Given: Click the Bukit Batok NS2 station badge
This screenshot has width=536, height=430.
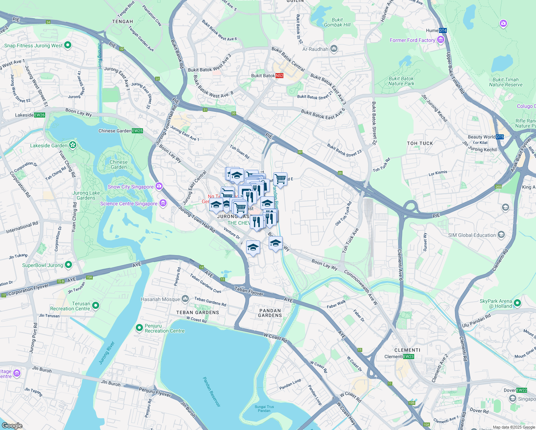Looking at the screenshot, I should click(x=279, y=76).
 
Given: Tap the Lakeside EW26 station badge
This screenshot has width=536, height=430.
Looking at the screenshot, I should click(x=39, y=115).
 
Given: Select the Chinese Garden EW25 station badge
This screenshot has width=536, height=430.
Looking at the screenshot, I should click(x=138, y=131).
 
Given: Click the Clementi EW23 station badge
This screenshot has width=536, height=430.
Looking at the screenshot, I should click(x=408, y=357).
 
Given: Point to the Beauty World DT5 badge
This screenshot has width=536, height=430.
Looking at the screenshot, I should click(x=500, y=137).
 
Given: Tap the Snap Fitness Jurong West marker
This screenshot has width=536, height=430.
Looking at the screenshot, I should click(x=68, y=45).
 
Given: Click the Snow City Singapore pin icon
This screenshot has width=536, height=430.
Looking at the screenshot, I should click(x=159, y=186).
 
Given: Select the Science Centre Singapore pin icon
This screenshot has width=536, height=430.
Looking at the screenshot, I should click(x=163, y=203).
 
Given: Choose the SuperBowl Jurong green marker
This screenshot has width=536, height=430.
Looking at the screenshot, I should click(x=68, y=265).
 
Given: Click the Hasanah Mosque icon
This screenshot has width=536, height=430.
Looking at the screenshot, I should click(x=185, y=298).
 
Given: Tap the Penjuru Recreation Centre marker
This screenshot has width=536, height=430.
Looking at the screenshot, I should click(x=139, y=328).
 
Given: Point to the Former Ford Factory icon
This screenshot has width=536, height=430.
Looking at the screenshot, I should click(x=441, y=40).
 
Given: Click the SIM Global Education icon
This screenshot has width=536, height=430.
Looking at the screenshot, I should click(x=501, y=235).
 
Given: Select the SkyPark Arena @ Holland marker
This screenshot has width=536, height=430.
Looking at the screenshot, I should click(x=517, y=304).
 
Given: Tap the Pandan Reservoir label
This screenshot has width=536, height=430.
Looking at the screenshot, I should click(x=212, y=392).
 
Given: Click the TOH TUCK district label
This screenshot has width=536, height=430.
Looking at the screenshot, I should click(x=420, y=143).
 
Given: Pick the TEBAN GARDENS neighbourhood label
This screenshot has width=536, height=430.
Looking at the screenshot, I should click(x=197, y=312).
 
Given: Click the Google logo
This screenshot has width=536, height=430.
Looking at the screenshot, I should click(x=12, y=425).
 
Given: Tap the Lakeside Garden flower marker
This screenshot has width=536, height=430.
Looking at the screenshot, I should click(x=73, y=145).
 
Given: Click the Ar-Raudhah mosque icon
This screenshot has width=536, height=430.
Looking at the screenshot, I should click(x=334, y=49).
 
